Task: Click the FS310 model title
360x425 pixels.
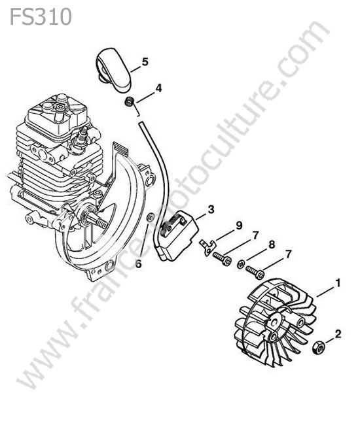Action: coord(41,17)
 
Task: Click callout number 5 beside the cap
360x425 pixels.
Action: coord(145,62)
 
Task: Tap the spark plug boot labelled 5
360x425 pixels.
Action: coord(114,69)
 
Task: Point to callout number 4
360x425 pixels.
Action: coord(158,88)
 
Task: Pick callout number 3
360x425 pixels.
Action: coord(211,209)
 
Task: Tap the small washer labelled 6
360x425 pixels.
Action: coord(150,217)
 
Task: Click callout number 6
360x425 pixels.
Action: coord(139,263)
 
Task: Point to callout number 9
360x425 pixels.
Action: coord(239,226)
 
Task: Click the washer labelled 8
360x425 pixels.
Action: coord(241,264)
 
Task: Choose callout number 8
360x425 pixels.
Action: coord(271,245)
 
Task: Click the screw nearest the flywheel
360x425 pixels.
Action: coord(255,273)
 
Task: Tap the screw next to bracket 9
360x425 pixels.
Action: coord(222,258)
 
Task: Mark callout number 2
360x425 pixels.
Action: coord(338,334)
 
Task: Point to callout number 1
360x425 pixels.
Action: coord(338,284)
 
